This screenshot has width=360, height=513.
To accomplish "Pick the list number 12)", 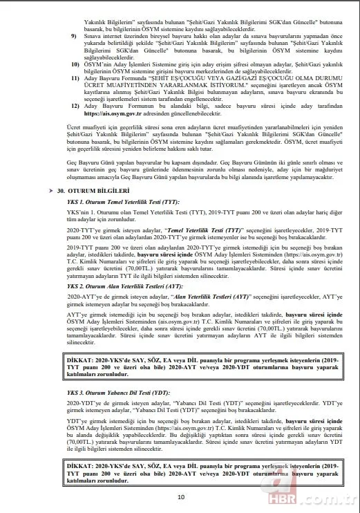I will pyautogui.click(x=75, y=126).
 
